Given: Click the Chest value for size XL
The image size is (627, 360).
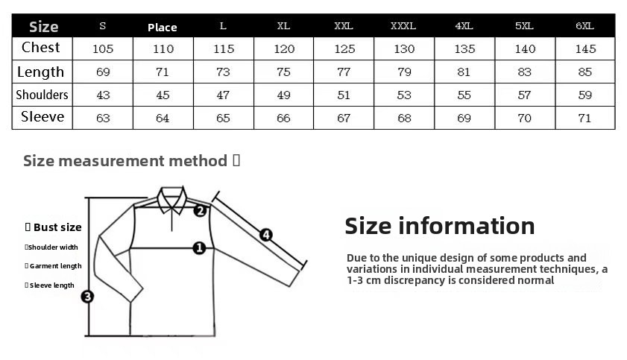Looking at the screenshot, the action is click(x=284, y=48).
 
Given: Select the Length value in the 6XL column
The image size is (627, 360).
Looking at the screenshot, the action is click(x=585, y=72).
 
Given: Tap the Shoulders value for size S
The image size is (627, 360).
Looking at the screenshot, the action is click(x=103, y=95).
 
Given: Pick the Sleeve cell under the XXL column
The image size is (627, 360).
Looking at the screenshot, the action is click(x=344, y=119).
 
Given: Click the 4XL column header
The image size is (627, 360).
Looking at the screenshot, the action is click(x=464, y=26).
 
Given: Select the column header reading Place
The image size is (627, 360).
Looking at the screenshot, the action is click(x=163, y=27).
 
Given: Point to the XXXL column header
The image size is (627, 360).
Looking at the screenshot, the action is click(x=403, y=26).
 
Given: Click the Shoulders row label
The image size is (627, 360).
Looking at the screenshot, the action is click(x=42, y=95).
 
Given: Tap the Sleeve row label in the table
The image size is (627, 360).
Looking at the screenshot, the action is click(x=42, y=117).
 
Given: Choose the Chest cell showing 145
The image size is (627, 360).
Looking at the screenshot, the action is click(x=585, y=48).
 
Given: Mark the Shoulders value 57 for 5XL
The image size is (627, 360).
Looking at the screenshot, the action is click(x=524, y=95).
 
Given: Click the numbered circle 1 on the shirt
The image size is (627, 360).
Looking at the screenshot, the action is click(x=199, y=248).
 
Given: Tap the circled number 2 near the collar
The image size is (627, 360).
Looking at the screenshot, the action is click(x=200, y=211).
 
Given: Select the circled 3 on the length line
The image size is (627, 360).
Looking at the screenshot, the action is click(x=87, y=297).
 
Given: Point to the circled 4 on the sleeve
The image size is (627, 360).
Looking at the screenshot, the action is click(x=266, y=235).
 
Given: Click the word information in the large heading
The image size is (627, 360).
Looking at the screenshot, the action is click(x=466, y=226).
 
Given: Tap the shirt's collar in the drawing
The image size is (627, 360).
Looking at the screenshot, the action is click(x=172, y=200).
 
